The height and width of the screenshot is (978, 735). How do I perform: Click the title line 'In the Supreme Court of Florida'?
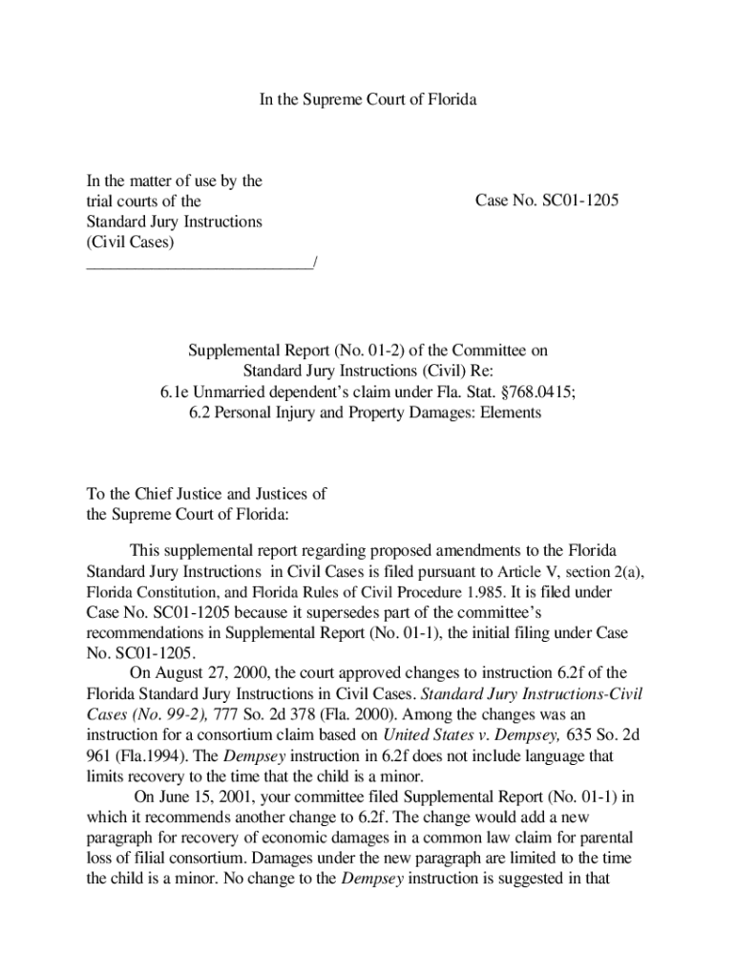tap(367, 99)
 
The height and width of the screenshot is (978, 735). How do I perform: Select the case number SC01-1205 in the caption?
tap(571, 202)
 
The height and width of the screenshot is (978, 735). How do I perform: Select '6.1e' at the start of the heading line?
tap(174, 392)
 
